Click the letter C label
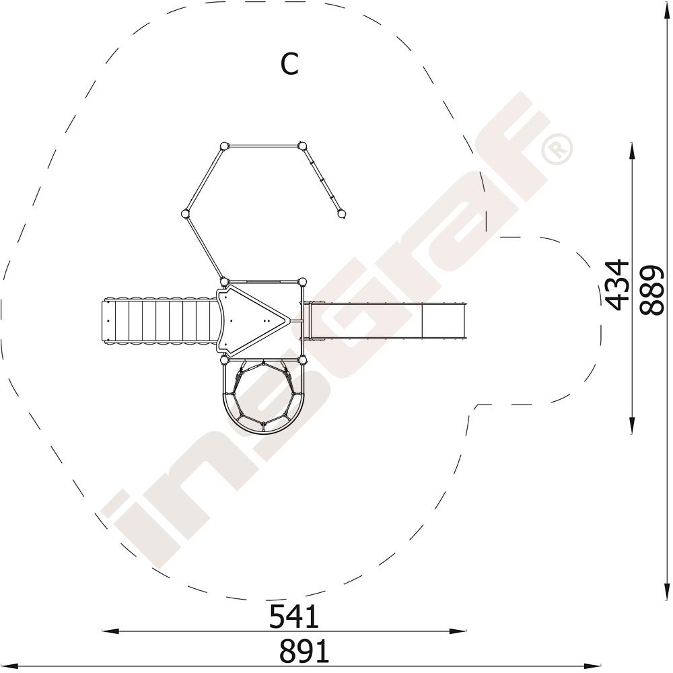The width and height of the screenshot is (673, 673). click(x=289, y=65)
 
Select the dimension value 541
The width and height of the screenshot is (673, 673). click(x=294, y=616)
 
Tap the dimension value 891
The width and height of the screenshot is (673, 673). click(x=304, y=651)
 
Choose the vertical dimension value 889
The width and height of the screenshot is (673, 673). click(x=651, y=291)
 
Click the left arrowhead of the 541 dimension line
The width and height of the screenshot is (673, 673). click(x=110, y=631)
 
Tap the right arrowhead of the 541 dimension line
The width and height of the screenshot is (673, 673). click(x=458, y=631)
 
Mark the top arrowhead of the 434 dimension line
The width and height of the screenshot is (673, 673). click(x=631, y=151)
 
